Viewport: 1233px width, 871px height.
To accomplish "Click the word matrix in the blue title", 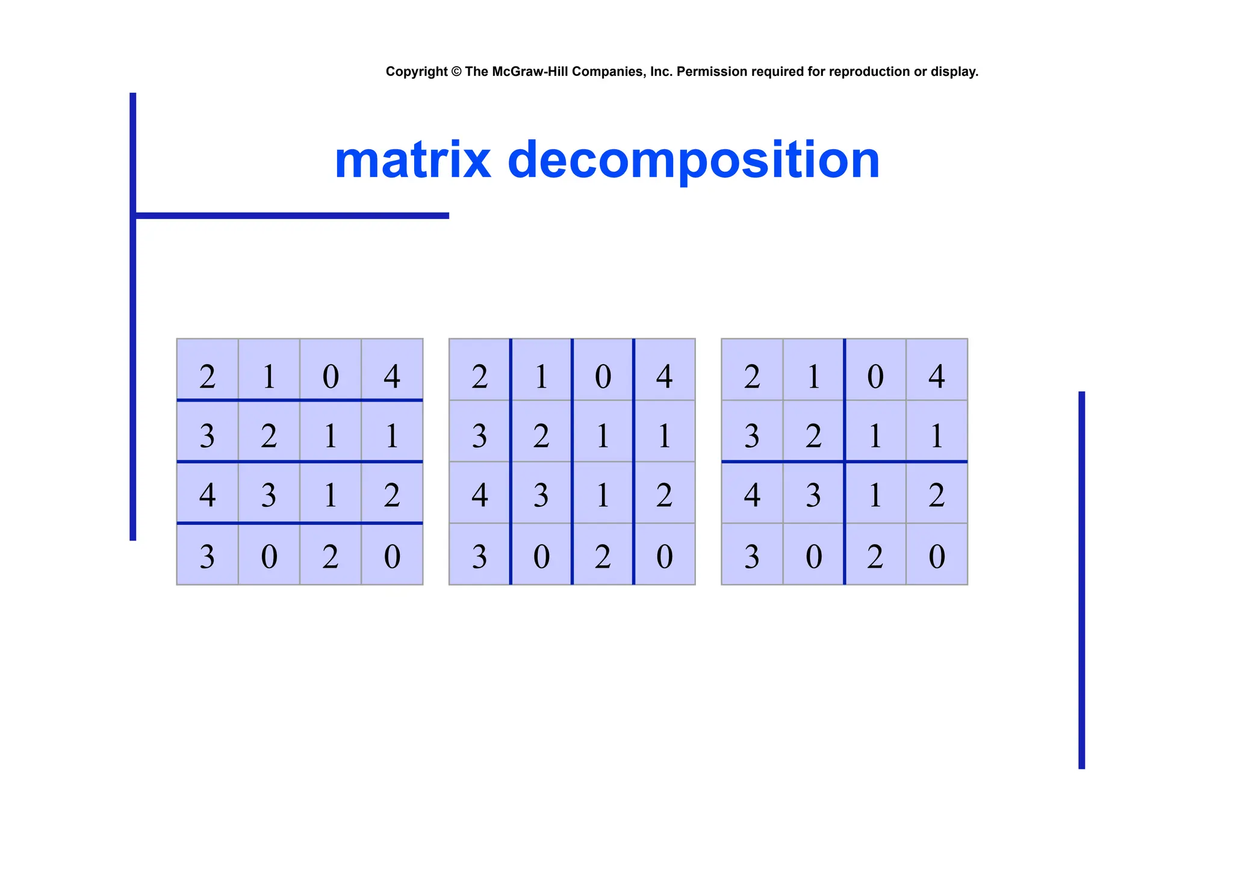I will click(412, 160).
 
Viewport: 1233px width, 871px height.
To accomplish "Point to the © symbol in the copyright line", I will click(456, 72).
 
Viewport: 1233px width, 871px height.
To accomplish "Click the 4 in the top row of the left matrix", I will click(392, 377).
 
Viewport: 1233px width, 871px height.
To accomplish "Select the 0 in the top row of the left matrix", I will click(331, 377).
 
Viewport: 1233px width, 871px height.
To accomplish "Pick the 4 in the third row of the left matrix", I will click(208, 495).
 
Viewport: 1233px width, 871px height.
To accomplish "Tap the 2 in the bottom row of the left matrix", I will click(331, 556).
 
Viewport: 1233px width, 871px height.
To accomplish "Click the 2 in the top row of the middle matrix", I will click(480, 377).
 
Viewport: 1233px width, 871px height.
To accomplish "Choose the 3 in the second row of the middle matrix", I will click(480, 436).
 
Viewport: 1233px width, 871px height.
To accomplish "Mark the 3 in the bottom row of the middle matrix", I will click(480, 556).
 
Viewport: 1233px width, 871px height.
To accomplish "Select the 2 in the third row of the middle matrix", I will click(664, 495).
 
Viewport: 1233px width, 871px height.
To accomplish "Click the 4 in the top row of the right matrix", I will click(937, 377).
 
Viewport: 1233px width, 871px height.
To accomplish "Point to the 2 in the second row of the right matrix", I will click(813, 436).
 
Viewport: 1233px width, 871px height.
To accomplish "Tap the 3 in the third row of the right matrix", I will click(813, 495).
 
